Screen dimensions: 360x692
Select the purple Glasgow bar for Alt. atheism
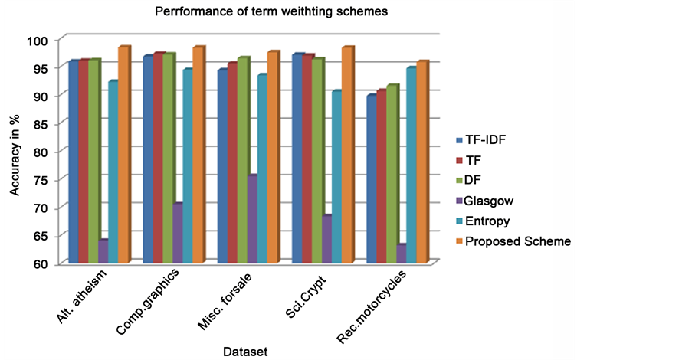[102, 252]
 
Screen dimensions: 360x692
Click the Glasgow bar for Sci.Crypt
[327, 240]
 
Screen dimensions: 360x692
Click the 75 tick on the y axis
[40, 180]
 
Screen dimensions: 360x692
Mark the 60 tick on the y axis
[40, 264]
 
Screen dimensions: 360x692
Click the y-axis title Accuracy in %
[15, 153]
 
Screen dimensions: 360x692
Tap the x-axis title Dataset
[244, 351]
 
